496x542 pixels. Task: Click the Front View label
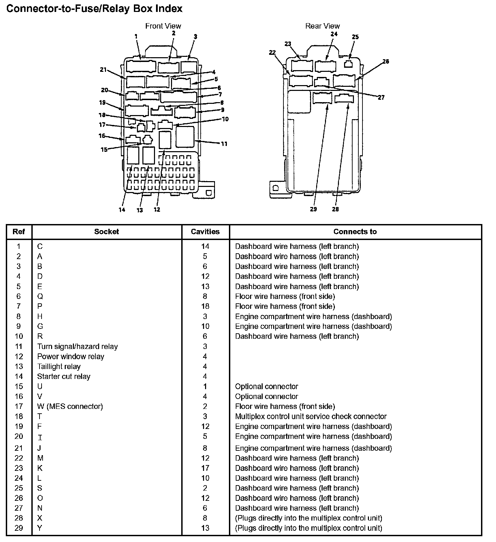(163, 26)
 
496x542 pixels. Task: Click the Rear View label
(322, 26)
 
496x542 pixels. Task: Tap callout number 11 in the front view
(224, 144)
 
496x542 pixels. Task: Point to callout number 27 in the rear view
(381, 98)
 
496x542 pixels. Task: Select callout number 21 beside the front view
(104, 70)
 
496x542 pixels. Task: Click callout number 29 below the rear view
(313, 209)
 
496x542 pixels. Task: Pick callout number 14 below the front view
(122, 210)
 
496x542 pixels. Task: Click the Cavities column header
(205, 232)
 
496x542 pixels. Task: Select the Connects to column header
(355, 232)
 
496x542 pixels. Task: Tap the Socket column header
(106, 232)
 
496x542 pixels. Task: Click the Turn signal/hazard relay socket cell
(77, 347)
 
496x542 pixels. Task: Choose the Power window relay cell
(71, 356)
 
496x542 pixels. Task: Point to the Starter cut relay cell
(64, 377)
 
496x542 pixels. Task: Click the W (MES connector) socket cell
(70, 406)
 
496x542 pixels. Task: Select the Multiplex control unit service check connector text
(311, 416)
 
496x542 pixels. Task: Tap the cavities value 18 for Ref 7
(205, 306)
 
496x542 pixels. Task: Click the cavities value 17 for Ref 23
(205, 468)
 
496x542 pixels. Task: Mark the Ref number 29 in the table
(19, 528)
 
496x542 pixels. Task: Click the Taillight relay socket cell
(59, 367)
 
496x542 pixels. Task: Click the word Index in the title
(169, 9)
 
